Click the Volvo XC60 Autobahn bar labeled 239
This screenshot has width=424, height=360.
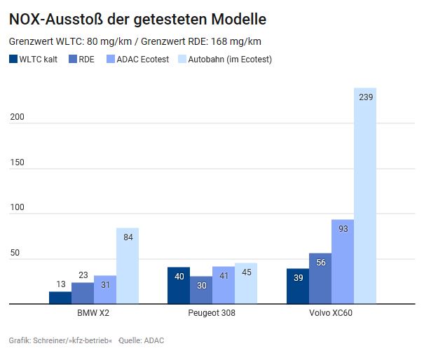[365, 195]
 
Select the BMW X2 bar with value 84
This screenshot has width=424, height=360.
[128, 265]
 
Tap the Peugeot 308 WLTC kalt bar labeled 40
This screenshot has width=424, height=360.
[179, 285]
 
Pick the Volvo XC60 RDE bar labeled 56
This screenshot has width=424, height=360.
[320, 278]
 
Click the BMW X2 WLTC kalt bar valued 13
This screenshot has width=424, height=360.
[60, 298]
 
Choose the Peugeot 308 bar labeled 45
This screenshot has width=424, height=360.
[246, 283]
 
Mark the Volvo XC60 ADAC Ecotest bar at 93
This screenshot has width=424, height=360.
[343, 262]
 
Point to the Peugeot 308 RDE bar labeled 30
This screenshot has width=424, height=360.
[201, 290]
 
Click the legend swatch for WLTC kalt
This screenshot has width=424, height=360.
[13, 59]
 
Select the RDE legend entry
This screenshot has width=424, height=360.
[82, 59]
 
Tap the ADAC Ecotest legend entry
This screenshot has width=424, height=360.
[138, 59]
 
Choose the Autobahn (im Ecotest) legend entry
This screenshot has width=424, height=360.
[225, 60]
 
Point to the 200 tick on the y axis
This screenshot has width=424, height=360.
[17, 117]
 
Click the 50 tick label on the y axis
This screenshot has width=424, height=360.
[15, 253]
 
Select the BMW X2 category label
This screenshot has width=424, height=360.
[93, 312]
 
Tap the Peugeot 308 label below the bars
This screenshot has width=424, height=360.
[212, 312]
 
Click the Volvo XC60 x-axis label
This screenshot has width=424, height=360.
[331, 312]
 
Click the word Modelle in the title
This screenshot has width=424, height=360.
[239, 19]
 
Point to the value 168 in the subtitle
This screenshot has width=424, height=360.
[219, 41]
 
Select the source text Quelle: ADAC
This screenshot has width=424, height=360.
[142, 340]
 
